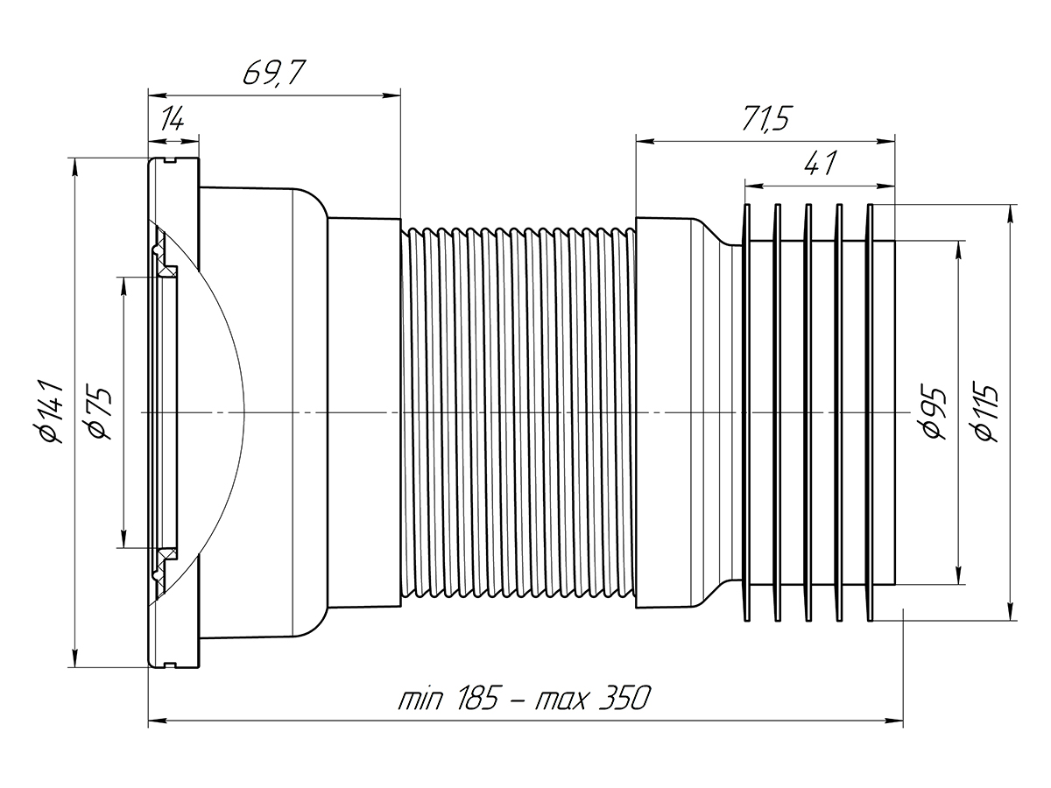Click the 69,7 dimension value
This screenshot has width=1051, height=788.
click(x=272, y=73)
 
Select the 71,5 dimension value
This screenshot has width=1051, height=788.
click(x=763, y=120)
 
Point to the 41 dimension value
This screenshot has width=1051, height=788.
click(x=818, y=164)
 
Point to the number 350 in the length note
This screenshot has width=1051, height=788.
click(x=623, y=700)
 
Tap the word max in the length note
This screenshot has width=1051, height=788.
click(x=563, y=700)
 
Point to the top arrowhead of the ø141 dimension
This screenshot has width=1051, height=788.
click(x=76, y=166)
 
